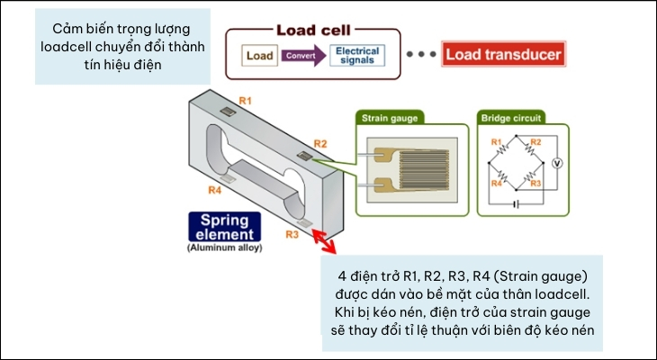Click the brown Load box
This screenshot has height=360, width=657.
coord(259,56)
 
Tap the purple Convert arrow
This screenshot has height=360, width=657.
coord(301,56)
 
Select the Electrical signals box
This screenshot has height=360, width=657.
coord(356,56)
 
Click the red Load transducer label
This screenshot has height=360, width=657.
coord(503,55)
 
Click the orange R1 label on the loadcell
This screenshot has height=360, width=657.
coord(244,99)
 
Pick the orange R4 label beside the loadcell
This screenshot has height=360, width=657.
coord(214,190)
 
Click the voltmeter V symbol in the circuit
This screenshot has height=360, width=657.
coord(556,164)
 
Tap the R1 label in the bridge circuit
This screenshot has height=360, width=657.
coord(494,142)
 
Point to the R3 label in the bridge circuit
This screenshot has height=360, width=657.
coord(536,183)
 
